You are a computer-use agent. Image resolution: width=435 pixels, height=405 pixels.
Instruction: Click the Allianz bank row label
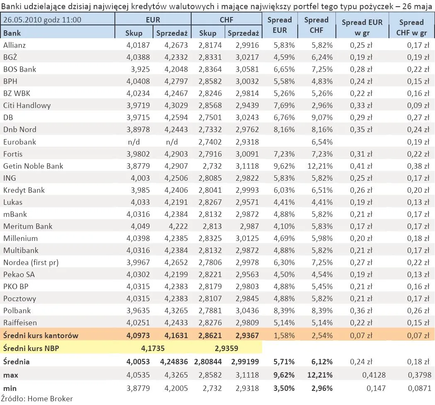tap(15, 45)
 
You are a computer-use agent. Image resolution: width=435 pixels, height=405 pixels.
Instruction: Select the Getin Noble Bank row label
tap(33, 166)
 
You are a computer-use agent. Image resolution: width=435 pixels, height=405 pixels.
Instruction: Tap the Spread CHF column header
tap(316, 25)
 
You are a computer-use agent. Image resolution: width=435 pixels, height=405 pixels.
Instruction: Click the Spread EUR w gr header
tap(362, 27)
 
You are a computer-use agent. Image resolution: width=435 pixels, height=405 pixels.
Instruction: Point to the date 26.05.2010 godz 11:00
tap(42, 20)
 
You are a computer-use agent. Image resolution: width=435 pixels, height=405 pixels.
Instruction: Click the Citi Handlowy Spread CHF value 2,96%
tap(322, 106)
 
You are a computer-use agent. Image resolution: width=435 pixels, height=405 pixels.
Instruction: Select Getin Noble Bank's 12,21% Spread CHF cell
tap(320, 166)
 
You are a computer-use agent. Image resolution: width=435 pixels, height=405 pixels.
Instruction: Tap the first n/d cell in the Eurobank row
tap(134, 142)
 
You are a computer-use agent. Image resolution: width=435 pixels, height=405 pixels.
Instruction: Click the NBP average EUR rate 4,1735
tap(153, 348)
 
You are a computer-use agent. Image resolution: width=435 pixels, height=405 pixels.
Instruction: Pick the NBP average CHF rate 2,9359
tap(226, 348)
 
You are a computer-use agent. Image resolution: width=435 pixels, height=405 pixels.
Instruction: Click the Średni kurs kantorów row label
tap(41, 336)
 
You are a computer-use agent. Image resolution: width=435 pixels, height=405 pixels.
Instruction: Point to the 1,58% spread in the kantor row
tap(284, 336)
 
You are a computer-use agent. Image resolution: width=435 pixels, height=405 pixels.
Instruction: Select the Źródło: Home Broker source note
tap(37, 399)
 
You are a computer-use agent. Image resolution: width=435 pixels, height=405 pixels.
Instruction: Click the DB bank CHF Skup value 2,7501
tap(210, 117)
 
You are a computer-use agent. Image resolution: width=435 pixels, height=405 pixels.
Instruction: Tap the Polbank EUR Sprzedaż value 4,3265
tap(176, 310)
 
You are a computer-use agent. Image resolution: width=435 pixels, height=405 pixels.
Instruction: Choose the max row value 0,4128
tap(374, 375)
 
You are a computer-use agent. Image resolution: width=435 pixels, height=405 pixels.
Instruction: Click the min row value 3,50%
tap(284, 388)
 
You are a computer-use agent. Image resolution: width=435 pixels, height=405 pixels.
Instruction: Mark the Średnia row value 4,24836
tap(174, 362)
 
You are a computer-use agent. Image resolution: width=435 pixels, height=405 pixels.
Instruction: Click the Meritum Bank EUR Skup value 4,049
tap(141, 226)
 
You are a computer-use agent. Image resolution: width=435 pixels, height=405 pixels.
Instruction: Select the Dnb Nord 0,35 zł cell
tap(361, 130)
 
